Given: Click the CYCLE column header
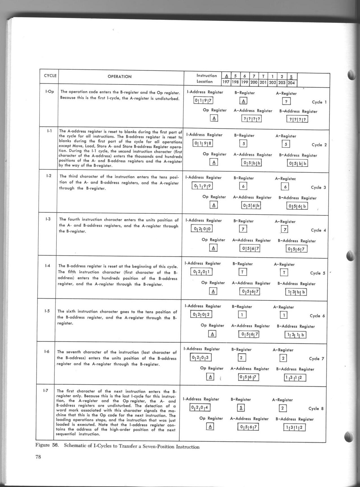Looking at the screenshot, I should pos(50,76).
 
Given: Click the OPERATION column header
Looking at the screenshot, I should pos(119,77).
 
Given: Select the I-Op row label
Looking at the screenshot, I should pos(50,91).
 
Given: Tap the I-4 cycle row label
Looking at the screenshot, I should pos(47,266).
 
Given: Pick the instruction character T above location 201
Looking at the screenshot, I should pos(263,76).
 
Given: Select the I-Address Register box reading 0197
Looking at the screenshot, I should pos(203,101).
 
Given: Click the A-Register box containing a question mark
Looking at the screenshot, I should pos(286,101).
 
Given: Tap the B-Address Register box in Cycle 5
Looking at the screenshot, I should pos(296,292).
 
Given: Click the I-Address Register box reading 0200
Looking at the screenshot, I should pos(202,228).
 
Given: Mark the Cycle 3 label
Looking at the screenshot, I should pos(318,187).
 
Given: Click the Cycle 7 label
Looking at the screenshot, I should pos(317,359).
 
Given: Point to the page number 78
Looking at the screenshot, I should pos(38,457).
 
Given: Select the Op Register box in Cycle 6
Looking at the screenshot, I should pos(212,334).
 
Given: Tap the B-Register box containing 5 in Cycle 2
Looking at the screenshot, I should pos(243,143).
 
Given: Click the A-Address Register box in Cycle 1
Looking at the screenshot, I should pos(252,119).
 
